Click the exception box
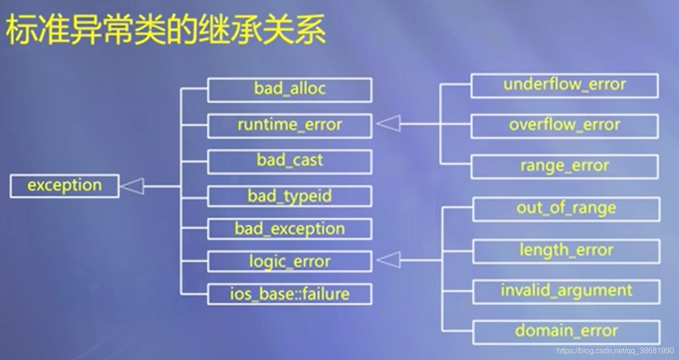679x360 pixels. click(x=64, y=186)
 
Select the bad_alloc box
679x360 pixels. click(x=289, y=90)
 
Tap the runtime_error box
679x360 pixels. click(x=289, y=126)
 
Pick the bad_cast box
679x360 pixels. click(x=289, y=161)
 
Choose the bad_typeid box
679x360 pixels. click(x=289, y=196)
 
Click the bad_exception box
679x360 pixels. click(x=289, y=229)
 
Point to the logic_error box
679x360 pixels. click(x=289, y=262)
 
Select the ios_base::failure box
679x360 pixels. click(x=289, y=294)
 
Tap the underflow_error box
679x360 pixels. click(x=564, y=86)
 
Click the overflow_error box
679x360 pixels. click(x=564, y=126)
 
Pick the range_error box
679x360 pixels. click(x=564, y=167)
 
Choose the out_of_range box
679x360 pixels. click(x=566, y=209)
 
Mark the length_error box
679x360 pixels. click(x=566, y=251)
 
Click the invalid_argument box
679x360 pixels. click(x=566, y=291)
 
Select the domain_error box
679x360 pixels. click(x=566, y=332)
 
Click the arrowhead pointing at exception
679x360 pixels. click(x=133, y=186)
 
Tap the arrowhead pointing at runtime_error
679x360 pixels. click(x=389, y=124)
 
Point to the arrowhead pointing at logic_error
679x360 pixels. click(x=389, y=260)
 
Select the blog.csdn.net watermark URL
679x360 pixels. click(x=615, y=351)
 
